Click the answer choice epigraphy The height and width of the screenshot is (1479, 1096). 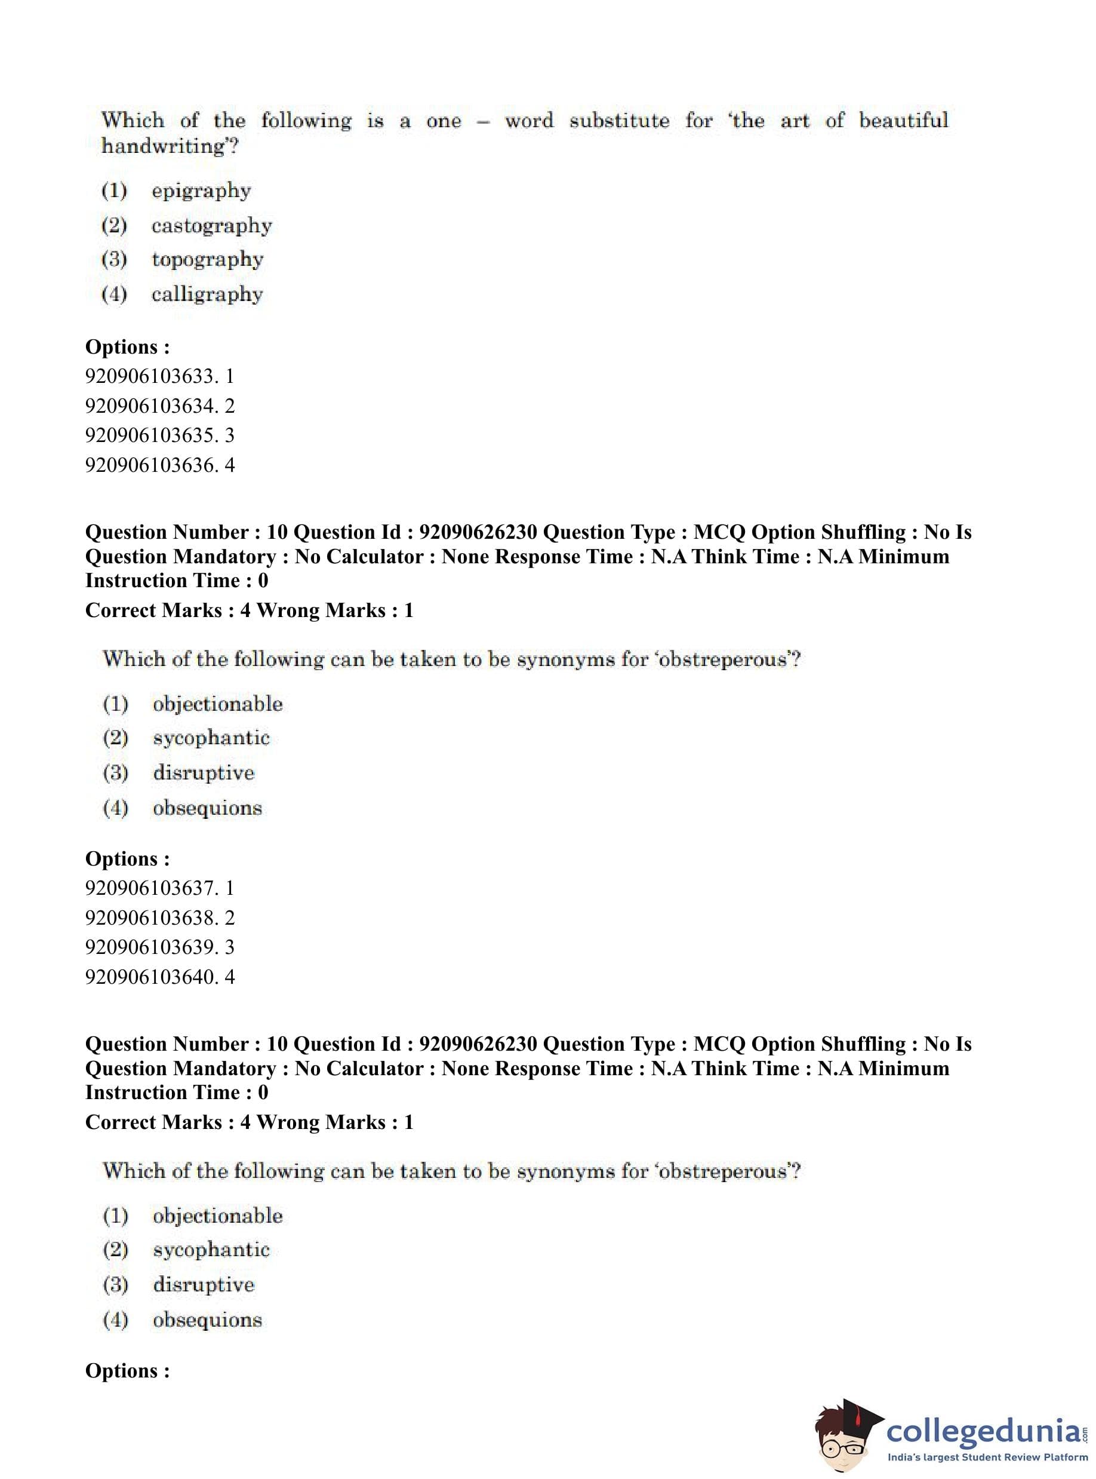coord(201,191)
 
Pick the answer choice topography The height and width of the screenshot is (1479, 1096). coord(207,260)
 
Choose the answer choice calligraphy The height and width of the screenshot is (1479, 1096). coord(207,294)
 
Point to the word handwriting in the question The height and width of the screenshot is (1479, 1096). coord(166,146)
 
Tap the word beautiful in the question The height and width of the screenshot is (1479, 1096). coord(903,121)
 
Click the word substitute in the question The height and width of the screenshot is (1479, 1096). coord(619,121)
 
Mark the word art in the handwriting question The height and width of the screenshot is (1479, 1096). coord(795,121)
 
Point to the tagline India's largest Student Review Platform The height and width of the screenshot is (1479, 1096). coord(987,1456)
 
